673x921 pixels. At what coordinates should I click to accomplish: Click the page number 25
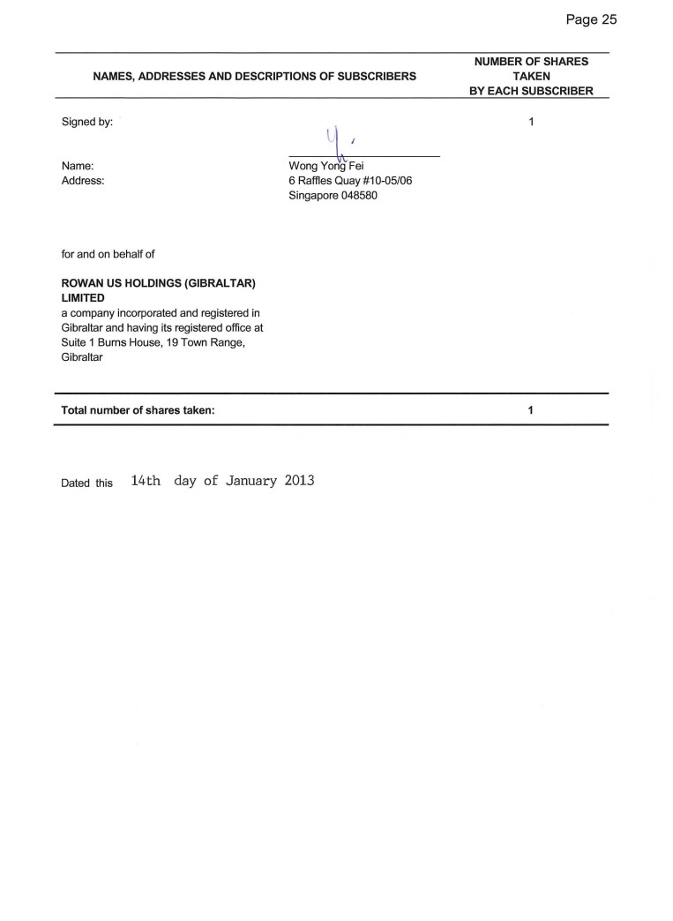click(x=607, y=19)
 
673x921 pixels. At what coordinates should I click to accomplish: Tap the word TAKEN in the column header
click(x=531, y=77)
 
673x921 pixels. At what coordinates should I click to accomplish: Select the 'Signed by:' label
click(x=86, y=123)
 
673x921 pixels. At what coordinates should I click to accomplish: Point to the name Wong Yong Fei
click(x=319, y=166)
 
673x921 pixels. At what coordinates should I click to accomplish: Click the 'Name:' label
click(x=78, y=166)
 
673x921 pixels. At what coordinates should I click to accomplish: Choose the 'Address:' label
click(x=83, y=181)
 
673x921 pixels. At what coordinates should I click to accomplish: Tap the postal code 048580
click(x=360, y=195)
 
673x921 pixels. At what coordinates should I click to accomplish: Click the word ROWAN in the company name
click(x=81, y=284)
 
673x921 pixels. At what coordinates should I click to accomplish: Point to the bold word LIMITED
click(x=83, y=298)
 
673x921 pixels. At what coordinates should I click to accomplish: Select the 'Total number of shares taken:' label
click(x=138, y=410)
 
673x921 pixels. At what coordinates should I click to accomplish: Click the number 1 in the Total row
click(x=530, y=410)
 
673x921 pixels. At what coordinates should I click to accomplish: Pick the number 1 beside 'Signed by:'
click(x=531, y=123)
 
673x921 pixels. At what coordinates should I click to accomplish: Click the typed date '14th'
click(x=146, y=482)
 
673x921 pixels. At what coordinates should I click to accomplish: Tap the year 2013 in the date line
click(x=300, y=482)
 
